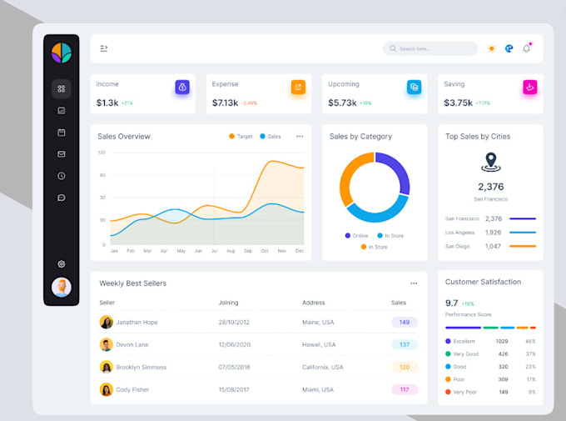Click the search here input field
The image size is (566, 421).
tap(430, 48)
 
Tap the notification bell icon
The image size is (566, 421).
tap(526, 48)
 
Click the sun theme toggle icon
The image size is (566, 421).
tap(491, 48)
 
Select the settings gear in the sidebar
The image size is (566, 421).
tap(62, 264)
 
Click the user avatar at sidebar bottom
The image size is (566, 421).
tap(62, 288)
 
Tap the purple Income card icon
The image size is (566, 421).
tap(182, 87)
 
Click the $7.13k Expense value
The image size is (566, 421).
tap(225, 103)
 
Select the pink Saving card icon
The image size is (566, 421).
tap(530, 87)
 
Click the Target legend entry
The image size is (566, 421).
tap(241, 136)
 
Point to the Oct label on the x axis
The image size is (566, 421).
tap(265, 251)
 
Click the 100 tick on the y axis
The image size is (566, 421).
tap(102, 153)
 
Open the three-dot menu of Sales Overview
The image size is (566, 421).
tap(300, 136)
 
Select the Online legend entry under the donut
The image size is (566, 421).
tap(356, 236)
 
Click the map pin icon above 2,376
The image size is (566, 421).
tap(490, 161)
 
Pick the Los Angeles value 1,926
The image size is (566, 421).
tap(494, 233)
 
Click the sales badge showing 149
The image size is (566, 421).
tap(405, 322)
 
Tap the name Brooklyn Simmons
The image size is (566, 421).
tap(141, 367)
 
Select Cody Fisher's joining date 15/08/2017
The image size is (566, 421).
tap(233, 389)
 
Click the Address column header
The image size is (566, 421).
tap(314, 303)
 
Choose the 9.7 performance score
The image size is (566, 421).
tap(452, 303)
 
